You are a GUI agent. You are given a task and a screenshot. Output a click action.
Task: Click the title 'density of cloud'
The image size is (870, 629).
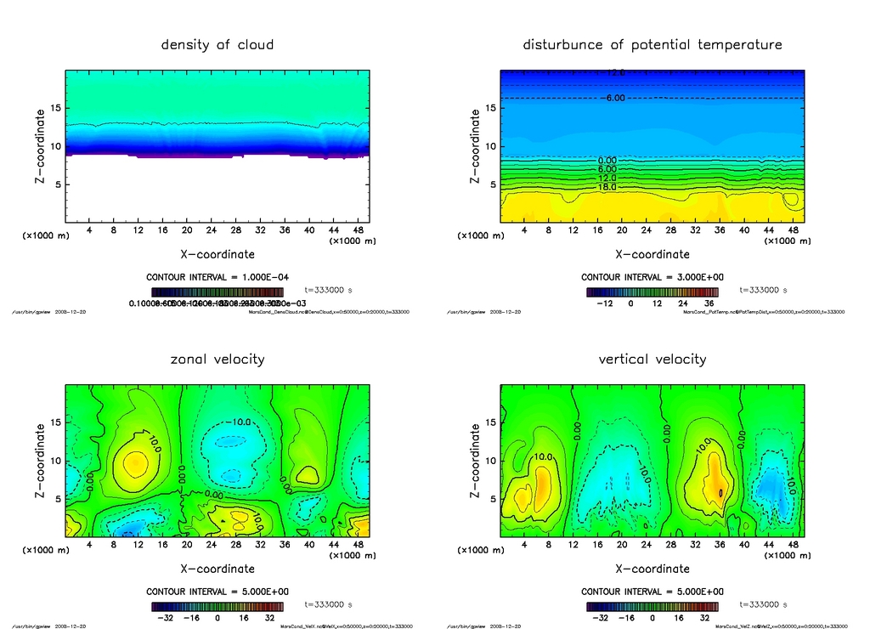(217, 44)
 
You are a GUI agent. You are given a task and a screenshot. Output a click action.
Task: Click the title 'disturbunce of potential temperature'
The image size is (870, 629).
(652, 44)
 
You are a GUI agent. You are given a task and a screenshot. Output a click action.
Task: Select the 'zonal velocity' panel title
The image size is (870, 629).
(217, 359)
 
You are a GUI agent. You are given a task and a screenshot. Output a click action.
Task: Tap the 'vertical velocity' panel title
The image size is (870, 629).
(652, 359)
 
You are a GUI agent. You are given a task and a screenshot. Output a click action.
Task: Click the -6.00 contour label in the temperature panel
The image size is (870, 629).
(613, 99)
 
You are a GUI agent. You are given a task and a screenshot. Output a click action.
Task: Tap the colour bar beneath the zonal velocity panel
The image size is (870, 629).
(217, 607)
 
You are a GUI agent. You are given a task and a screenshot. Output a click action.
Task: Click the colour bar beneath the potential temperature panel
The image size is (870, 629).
(652, 292)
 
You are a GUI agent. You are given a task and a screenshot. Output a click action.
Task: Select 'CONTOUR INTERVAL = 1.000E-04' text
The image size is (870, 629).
(217, 277)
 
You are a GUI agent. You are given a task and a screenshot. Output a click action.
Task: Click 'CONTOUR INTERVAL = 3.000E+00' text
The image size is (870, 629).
(652, 277)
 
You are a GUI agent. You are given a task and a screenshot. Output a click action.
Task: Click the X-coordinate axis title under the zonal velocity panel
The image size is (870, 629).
(217, 569)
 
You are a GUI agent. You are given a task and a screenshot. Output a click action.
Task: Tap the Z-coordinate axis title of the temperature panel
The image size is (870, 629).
(475, 146)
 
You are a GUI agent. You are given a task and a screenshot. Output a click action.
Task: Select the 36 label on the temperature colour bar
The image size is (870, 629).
(707, 303)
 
